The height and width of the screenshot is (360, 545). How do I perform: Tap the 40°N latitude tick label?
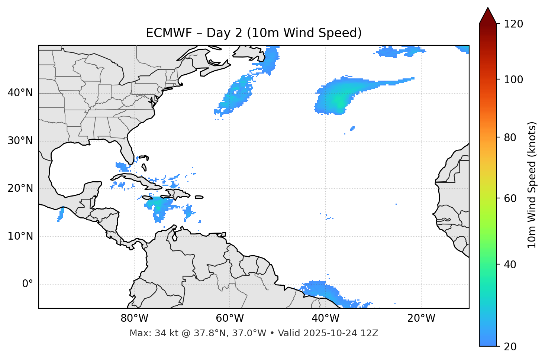click(20, 93)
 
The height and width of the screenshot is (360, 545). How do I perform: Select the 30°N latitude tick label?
click(20, 141)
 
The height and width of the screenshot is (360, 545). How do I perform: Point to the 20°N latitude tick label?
click(20, 188)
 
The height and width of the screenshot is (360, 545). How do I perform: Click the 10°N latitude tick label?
click(20, 236)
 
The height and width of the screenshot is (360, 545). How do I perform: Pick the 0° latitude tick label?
click(28, 284)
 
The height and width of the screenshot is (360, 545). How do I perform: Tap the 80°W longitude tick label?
click(134, 318)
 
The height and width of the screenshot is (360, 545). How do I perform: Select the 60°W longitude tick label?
click(230, 318)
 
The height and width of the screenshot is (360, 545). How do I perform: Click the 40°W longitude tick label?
click(326, 318)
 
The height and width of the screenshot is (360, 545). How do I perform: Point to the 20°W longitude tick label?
click(421, 318)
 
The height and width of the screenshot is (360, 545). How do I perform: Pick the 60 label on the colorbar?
click(510, 198)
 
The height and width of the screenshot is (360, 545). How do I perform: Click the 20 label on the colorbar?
click(510, 347)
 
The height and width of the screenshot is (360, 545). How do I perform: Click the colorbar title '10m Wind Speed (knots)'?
click(532, 185)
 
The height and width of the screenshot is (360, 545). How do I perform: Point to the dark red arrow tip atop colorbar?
click(488, 14)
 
